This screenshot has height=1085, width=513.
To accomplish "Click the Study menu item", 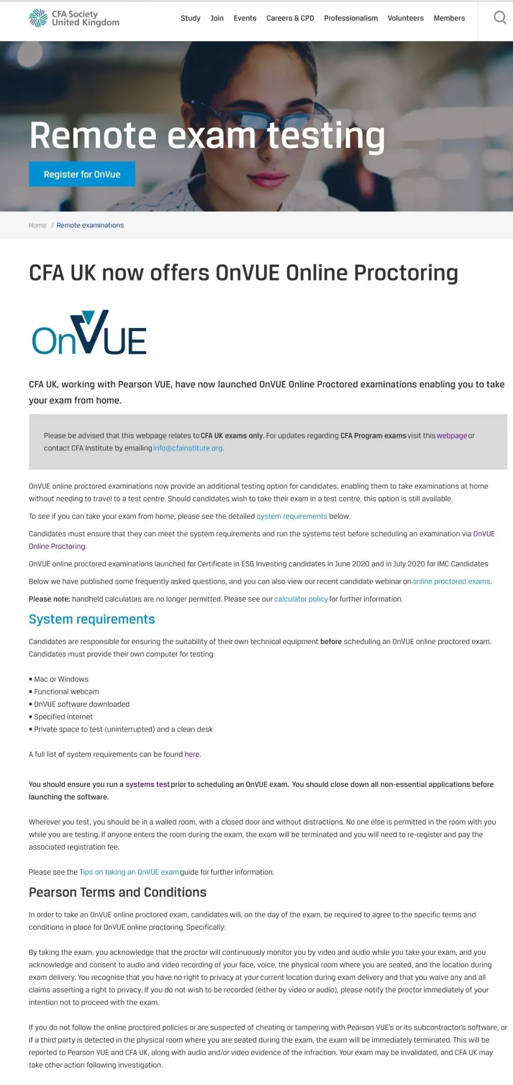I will coord(190,18).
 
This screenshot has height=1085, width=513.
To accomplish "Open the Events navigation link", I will coord(245,18).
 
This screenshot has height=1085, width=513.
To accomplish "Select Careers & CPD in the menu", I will coord(290,18).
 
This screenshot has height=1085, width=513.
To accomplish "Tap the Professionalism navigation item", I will coord(351,18).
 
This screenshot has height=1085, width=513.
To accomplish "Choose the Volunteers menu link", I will coord(405,18).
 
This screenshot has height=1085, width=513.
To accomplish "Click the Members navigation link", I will coord(449,18).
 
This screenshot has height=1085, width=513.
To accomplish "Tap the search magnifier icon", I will coord(499,18).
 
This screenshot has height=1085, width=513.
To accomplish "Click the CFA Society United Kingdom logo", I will coord(74,18).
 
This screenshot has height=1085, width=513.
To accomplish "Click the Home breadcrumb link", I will coord(38,225).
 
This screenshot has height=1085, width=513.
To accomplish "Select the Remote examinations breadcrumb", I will coord(90,225).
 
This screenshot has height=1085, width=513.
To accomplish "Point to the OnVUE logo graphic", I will coord(89,333).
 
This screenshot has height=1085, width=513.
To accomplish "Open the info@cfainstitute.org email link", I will coord(188,448).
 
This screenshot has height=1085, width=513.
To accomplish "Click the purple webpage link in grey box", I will coord(452,436).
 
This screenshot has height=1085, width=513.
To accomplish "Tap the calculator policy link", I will coord(301,599).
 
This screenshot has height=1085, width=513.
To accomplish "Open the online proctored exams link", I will coord(451,581).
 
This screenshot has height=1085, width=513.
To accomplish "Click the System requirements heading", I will coord(92,619).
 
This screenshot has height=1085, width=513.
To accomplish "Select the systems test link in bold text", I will coord(147,785).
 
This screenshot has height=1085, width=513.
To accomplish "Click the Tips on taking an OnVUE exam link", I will coord(129,872).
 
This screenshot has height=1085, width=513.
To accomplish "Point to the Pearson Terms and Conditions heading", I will coord(117,892).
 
